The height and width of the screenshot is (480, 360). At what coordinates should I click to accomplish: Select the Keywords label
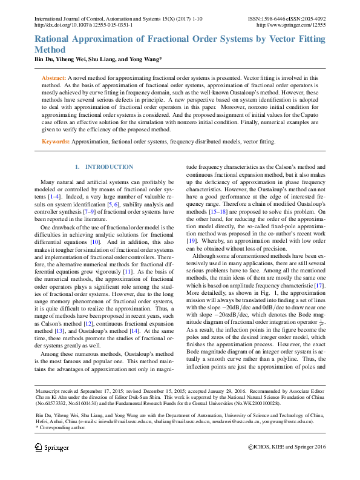(56, 142)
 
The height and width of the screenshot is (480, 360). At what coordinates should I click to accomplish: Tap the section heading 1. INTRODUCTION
(103, 166)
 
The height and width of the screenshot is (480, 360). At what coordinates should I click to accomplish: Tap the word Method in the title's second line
(51, 50)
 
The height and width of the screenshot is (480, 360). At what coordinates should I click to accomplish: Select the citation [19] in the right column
(191, 240)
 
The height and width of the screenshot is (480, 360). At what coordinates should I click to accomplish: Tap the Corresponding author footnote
(62, 427)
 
